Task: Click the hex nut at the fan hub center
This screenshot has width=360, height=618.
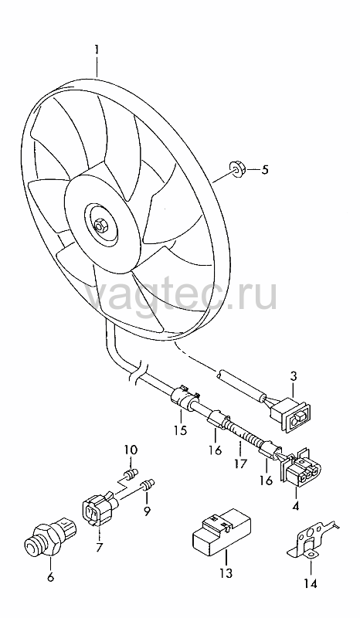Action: pyautogui.click(x=100, y=225)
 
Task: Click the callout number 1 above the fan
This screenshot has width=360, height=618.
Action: pyautogui.click(x=97, y=52)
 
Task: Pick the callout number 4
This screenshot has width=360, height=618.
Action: pyautogui.click(x=296, y=505)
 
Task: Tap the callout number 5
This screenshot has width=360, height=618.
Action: pyautogui.click(x=264, y=170)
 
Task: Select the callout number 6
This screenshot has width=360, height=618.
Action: pyautogui.click(x=50, y=578)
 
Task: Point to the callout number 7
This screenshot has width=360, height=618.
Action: pyautogui.click(x=99, y=548)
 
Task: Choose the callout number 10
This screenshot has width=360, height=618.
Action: pyautogui.click(x=131, y=450)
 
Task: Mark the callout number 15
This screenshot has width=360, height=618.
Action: pyautogui.click(x=180, y=430)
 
